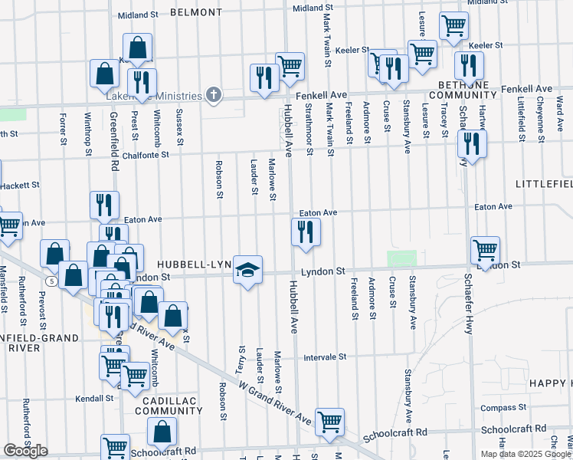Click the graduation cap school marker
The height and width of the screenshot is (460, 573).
coord(247,270)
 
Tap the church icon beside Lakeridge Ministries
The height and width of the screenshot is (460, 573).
coord(214,96)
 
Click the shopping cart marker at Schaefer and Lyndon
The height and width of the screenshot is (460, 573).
coord(485,251)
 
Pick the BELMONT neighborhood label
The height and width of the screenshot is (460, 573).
coord(196,13)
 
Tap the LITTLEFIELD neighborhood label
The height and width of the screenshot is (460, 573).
coord(544,186)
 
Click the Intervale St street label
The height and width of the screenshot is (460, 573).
coord(326,357)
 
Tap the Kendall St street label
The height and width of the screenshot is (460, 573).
coord(94,399)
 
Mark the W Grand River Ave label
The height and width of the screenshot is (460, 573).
coord(275,403)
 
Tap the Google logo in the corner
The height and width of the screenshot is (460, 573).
coord(25,451)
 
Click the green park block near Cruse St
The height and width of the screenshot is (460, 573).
coord(401,258)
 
